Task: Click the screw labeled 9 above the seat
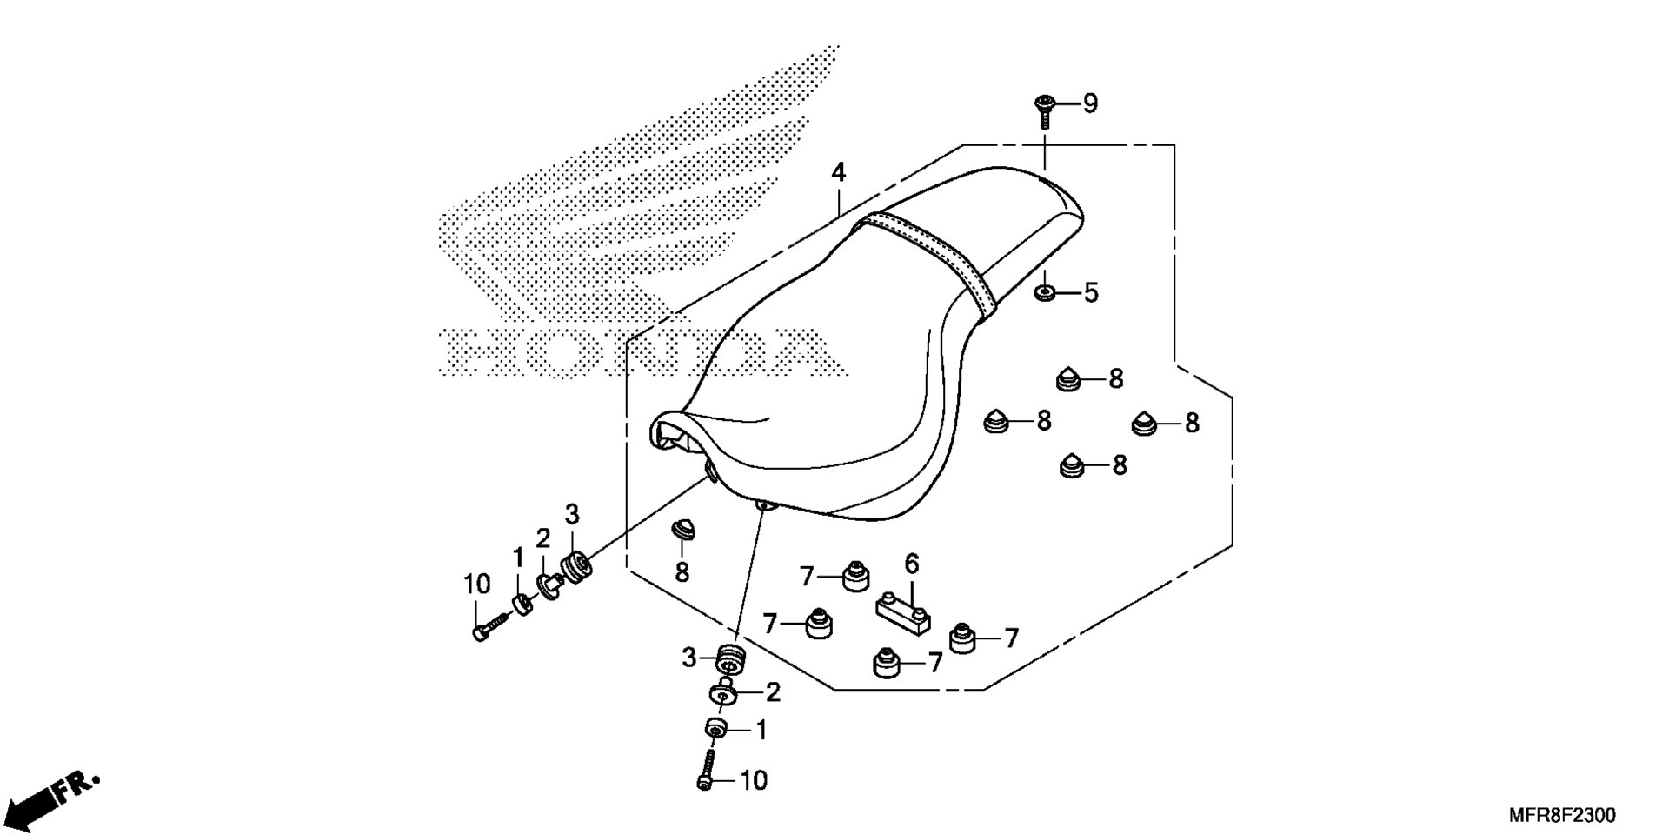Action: [x=1044, y=111]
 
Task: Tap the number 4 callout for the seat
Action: [x=837, y=172]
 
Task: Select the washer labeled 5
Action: [x=1045, y=291]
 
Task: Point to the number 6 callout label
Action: [x=911, y=564]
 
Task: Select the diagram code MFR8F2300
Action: [x=1561, y=816]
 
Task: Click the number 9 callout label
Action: [x=1090, y=104]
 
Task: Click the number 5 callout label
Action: [x=1090, y=292]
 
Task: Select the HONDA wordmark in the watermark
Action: [x=643, y=352]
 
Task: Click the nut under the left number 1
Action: [x=522, y=603]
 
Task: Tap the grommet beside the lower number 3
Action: [x=731, y=660]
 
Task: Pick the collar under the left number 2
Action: [x=549, y=586]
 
